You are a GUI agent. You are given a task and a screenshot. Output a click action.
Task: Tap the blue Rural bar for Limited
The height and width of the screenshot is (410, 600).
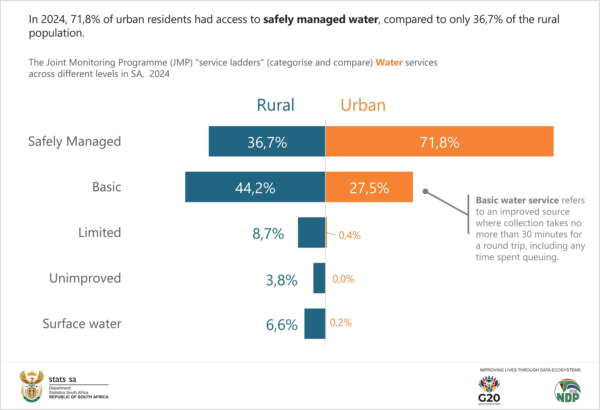pyautogui.click(x=311, y=232)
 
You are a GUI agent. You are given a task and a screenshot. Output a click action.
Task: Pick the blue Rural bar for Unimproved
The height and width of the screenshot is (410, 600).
pyautogui.click(x=319, y=278)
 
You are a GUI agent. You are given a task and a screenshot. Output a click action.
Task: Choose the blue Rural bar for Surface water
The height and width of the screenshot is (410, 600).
pyautogui.click(x=315, y=324)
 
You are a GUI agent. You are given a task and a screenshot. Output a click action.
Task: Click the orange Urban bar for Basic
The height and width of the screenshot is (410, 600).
pyautogui.click(x=369, y=187)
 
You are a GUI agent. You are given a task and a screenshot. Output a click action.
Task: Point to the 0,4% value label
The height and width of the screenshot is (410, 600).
pyautogui.click(x=350, y=235)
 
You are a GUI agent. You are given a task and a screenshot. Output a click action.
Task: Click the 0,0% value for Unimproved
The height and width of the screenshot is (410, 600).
pyautogui.click(x=343, y=279)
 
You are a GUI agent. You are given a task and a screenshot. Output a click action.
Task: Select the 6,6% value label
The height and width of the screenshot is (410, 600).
pyautogui.click(x=282, y=325)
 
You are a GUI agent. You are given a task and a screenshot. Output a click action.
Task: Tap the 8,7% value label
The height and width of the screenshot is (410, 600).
pyautogui.click(x=268, y=234)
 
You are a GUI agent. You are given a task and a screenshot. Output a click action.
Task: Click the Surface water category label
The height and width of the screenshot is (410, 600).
pyautogui.click(x=82, y=324)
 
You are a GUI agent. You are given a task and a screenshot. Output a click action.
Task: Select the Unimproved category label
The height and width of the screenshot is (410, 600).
pyautogui.click(x=85, y=278)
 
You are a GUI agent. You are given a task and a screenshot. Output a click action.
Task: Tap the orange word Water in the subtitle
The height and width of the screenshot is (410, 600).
pyautogui.click(x=389, y=62)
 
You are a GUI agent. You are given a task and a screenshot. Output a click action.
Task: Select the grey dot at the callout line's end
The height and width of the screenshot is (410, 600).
pyautogui.click(x=425, y=191)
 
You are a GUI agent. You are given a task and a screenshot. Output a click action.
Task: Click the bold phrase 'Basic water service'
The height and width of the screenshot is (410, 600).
pyautogui.click(x=517, y=200)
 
